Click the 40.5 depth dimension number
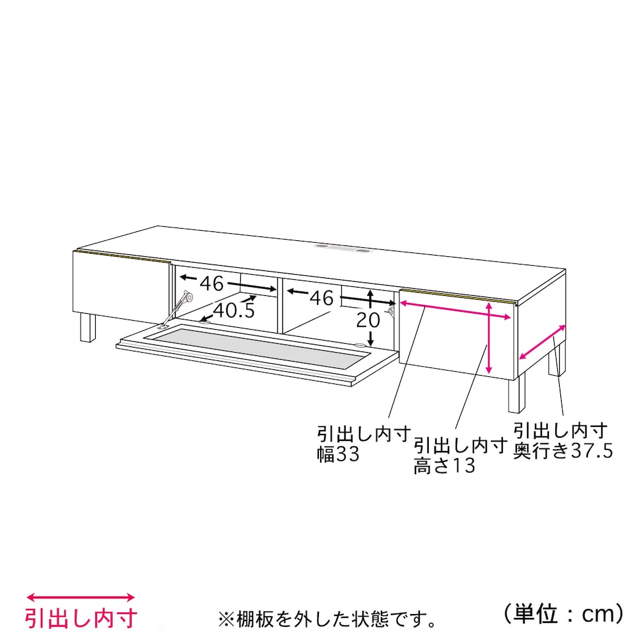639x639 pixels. (234, 311)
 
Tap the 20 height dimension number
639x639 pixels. (368, 320)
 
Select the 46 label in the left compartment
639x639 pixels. (212, 283)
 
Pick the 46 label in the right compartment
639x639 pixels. (322, 298)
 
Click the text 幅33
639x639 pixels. (338, 454)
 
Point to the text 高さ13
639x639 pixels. (444, 465)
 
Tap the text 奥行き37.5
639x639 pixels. (563, 450)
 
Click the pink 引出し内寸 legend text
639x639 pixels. (81, 619)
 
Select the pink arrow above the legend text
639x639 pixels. (81, 598)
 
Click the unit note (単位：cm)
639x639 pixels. (564, 613)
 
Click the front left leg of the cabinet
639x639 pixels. (88, 328)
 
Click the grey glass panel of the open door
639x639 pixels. (256, 343)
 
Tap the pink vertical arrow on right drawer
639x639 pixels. (489, 338)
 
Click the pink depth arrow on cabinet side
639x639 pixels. (543, 343)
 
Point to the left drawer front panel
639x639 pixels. (121, 287)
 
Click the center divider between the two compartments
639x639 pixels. (280, 305)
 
